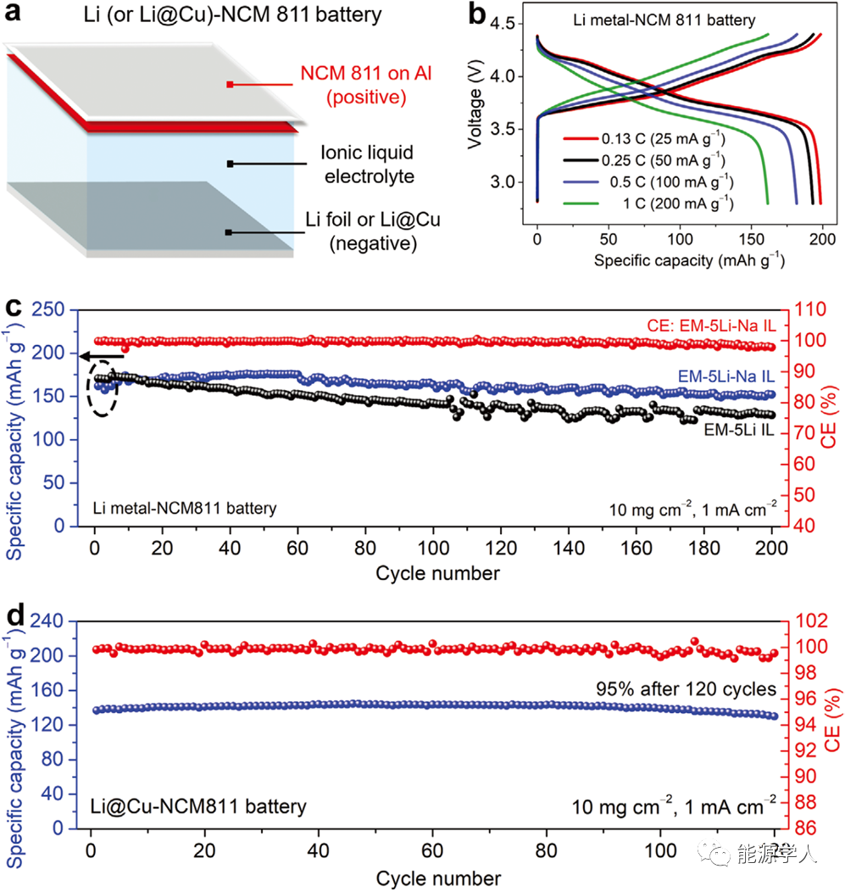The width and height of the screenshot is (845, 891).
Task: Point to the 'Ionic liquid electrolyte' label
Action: click(x=367, y=164)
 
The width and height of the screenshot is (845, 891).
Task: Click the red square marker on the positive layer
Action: click(x=230, y=85)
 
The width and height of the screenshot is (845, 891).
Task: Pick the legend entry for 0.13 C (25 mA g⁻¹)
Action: click(x=667, y=138)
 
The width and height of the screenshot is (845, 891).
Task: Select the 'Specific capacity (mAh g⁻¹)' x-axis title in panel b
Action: click(x=689, y=260)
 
